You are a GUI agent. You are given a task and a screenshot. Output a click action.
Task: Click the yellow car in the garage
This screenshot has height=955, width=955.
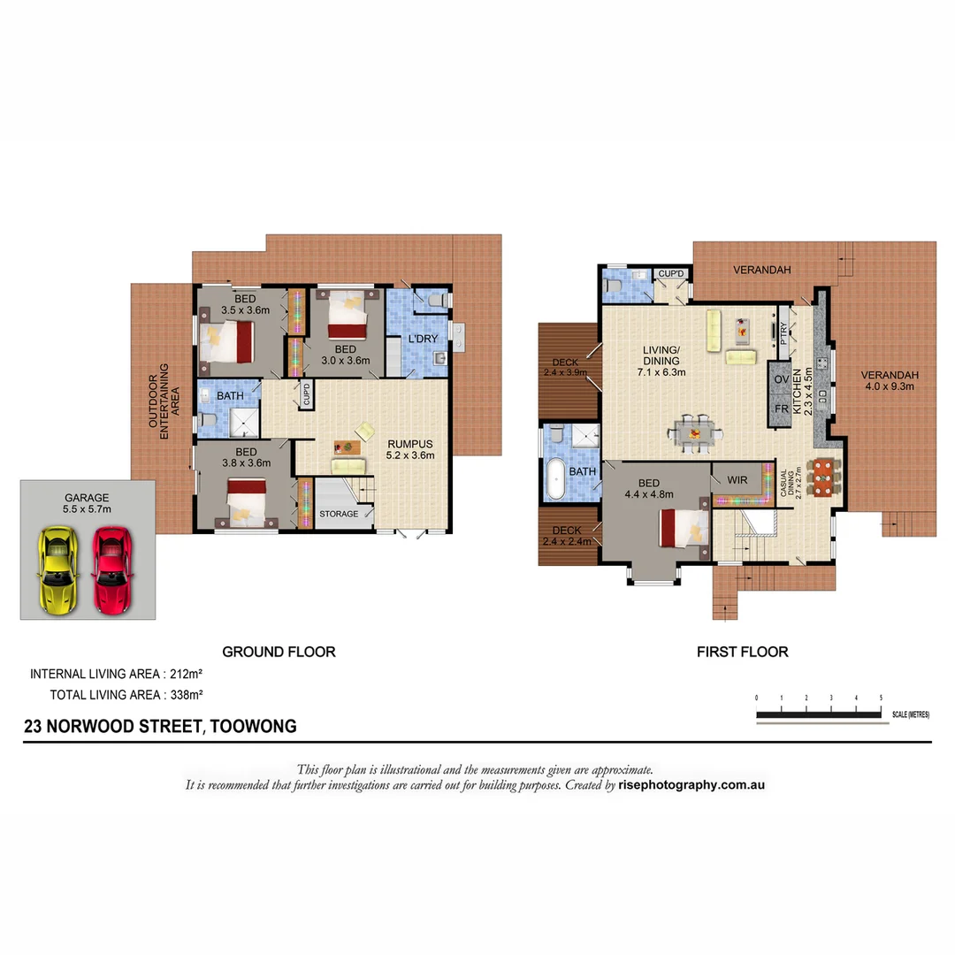point(58,570)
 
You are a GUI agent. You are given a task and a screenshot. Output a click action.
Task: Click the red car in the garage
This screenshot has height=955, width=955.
point(111,570)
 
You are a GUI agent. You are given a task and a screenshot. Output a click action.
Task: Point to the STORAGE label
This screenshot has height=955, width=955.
point(339,514)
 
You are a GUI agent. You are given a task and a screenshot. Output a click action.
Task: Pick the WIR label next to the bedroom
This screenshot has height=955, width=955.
point(737,479)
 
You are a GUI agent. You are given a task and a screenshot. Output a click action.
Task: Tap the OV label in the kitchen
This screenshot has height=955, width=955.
point(782,379)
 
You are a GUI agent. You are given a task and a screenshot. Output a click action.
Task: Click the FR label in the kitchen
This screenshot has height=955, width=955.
point(782,410)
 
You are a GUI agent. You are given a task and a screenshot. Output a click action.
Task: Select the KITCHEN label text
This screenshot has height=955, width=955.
point(797,392)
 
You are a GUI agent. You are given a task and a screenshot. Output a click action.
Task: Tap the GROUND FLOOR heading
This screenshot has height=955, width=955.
point(279,652)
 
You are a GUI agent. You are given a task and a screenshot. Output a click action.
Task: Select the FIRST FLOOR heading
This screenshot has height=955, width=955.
point(742,652)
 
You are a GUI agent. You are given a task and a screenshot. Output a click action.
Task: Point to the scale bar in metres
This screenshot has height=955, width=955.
point(819,713)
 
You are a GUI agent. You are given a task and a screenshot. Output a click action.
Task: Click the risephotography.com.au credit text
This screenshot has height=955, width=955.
point(691,784)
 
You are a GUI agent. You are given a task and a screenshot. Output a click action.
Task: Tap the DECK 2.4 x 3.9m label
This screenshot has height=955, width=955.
point(567,367)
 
